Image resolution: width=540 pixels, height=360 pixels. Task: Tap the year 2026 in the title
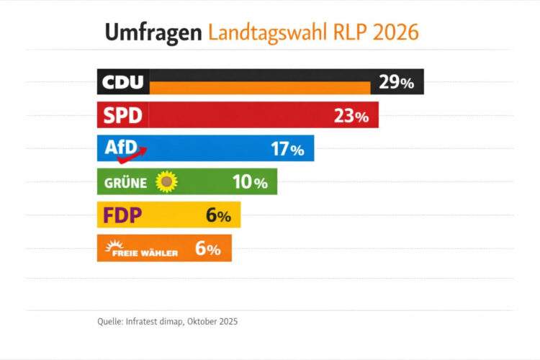tap(393, 32)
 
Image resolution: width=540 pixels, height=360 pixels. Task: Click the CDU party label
tap(123, 82)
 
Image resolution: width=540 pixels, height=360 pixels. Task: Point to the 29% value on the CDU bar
tap(397, 82)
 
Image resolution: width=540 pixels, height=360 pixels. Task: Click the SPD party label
tap(123, 115)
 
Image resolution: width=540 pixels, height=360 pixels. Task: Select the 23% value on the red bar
tap(351, 115)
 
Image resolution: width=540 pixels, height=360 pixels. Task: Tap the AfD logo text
tap(121, 148)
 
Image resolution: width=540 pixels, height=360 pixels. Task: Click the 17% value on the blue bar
tap(287, 149)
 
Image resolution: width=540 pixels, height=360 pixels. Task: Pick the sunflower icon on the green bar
tap(167, 181)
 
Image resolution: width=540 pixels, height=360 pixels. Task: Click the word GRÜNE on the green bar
tap(126, 183)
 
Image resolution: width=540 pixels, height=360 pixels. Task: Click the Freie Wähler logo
tap(141, 248)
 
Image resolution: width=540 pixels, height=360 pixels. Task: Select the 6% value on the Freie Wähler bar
tap(207, 248)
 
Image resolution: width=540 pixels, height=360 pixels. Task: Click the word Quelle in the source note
tap(109, 322)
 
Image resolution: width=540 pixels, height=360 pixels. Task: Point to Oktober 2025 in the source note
tap(212, 322)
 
